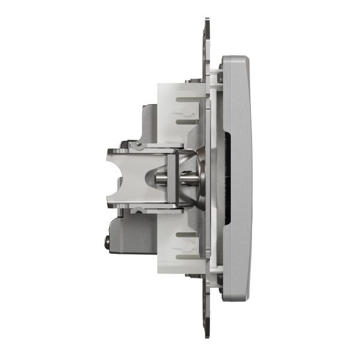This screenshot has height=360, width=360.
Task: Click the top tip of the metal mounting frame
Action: click(207, 21)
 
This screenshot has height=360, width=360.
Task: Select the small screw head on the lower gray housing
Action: click(107, 243)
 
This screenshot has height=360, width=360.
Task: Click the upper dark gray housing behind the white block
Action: click(144, 123)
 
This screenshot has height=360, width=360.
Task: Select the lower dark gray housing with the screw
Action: click(129, 237)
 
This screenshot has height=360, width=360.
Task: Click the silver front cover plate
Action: click(236, 179)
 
